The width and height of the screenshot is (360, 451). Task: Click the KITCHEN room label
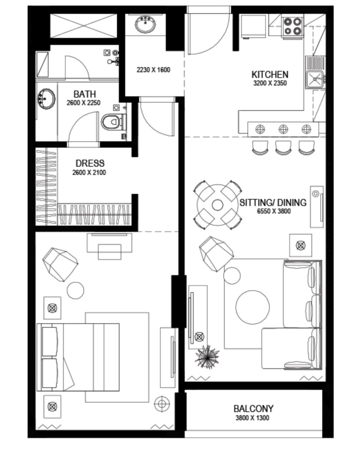pos(269,75)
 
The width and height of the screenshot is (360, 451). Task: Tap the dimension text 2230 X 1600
pos(153,70)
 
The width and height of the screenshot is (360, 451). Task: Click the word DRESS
pos(90,163)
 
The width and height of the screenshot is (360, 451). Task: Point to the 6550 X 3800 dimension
pos(274,211)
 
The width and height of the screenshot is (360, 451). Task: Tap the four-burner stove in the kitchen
pos(293,26)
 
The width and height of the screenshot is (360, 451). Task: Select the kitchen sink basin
pos(315,80)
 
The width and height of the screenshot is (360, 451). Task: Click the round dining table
pos(217,205)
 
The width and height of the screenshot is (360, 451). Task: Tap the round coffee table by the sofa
pos(253,307)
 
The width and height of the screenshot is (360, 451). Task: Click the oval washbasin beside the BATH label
pos(46,99)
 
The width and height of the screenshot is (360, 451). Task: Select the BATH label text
pos(85,94)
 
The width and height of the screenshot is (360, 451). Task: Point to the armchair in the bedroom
pos(60,264)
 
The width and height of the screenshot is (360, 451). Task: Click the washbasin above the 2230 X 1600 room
pos(145,24)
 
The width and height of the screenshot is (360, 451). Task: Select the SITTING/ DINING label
pos(273,203)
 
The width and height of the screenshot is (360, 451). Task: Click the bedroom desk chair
pos(109,252)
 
